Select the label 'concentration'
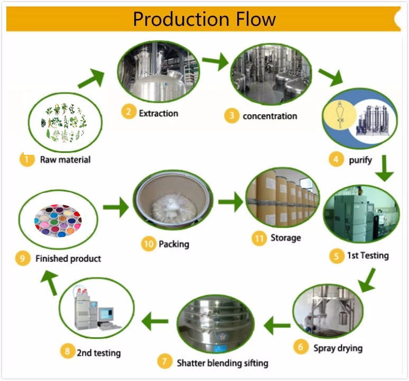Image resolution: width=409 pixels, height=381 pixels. (x=269, y=116)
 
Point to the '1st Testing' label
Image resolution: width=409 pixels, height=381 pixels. (x=367, y=256)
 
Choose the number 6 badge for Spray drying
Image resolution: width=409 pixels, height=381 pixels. (x=301, y=347)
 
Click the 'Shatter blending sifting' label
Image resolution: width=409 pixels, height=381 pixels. (x=222, y=363)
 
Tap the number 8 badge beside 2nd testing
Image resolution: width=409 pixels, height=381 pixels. (x=67, y=351)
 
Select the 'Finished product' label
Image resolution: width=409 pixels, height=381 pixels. (x=68, y=259)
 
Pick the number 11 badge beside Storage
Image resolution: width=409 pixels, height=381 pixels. (x=259, y=239)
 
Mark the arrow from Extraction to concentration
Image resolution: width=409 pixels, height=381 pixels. (x=214, y=62)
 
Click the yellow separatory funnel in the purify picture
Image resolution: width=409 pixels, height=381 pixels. (x=338, y=114)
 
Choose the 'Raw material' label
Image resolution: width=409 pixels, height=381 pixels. (x=65, y=160)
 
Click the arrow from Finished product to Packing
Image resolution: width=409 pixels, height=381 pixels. (x=115, y=206)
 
